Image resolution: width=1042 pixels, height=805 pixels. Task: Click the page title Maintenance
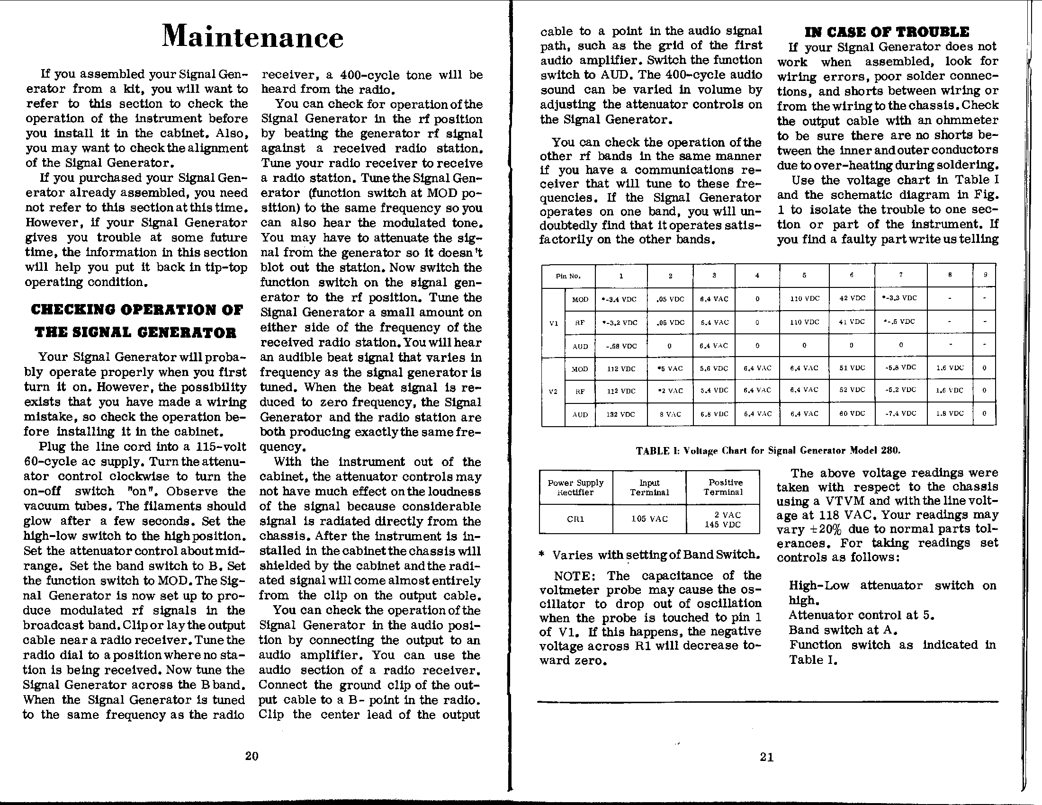(252, 37)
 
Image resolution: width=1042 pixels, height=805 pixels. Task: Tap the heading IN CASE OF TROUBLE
(887, 32)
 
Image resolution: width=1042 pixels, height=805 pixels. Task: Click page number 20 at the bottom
(252, 756)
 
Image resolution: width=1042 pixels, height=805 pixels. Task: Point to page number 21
(767, 757)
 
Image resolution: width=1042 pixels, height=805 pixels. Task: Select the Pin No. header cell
(568, 276)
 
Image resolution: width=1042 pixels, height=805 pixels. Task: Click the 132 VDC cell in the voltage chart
(621, 414)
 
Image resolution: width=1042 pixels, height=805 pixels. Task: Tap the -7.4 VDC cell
(900, 413)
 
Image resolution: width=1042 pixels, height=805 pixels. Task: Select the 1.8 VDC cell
(950, 413)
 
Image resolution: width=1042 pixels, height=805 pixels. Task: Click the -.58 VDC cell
(621, 346)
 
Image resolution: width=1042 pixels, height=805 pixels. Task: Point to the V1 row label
(553, 323)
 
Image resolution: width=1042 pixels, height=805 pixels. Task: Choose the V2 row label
(553, 392)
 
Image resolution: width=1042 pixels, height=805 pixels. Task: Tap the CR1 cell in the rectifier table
(575, 519)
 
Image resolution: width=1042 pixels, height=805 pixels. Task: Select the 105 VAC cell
(649, 519)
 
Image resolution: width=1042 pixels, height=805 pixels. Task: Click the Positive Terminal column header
(723, 487)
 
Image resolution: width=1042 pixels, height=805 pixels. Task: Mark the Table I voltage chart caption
(768, 450)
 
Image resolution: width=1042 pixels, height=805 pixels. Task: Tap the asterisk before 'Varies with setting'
(541, 555)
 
